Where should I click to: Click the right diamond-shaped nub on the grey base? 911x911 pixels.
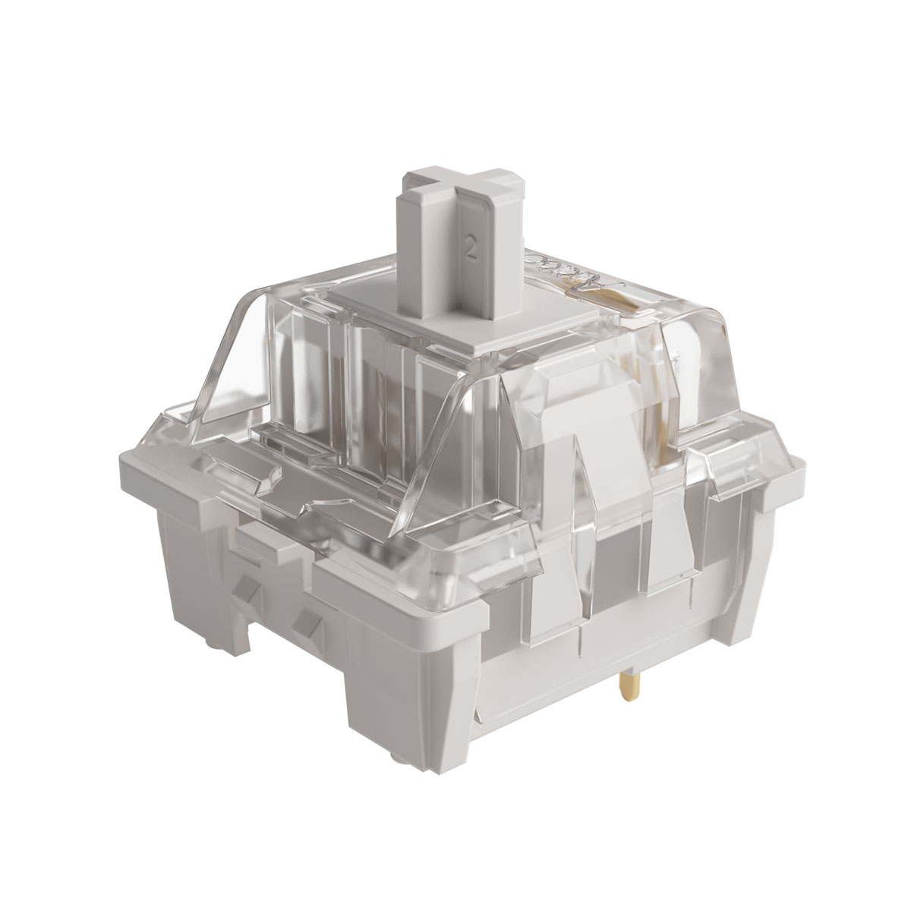coord(307,621)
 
